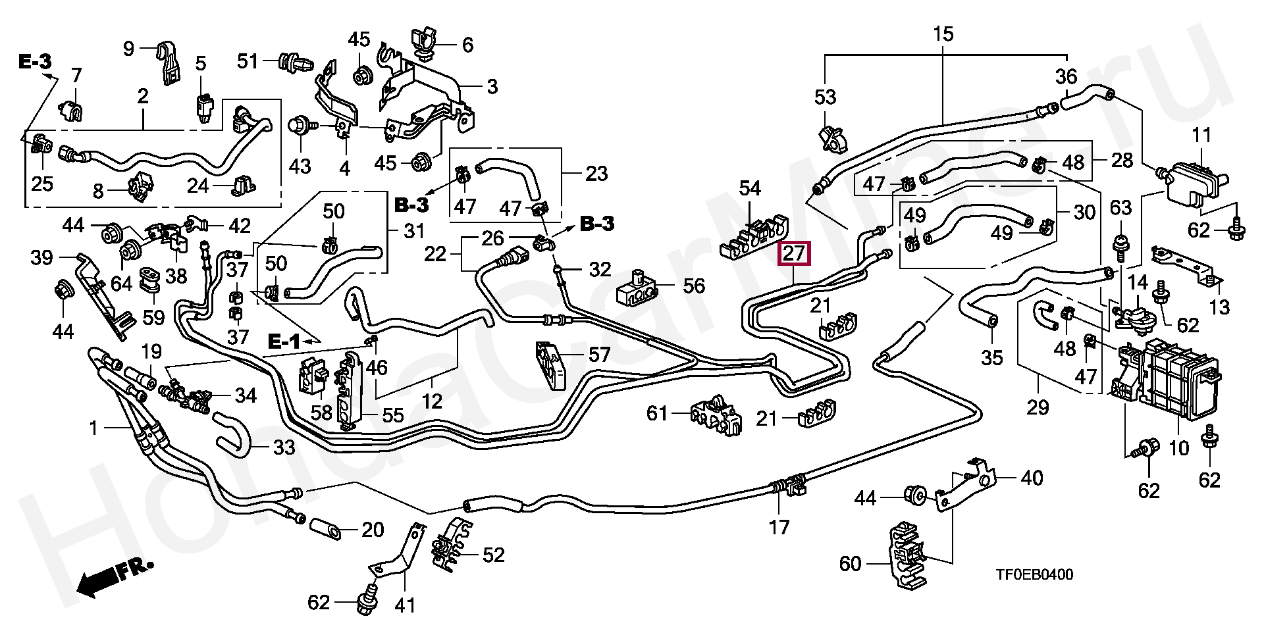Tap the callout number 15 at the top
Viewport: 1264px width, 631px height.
click(943, 34)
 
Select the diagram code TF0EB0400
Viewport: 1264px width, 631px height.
click(1034, 575)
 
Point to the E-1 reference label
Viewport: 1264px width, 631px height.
click(284, 341)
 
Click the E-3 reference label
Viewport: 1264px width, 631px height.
click(34, 63)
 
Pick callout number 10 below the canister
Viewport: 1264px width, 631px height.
click(1178, 448)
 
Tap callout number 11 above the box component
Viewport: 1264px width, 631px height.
click(1201, 136)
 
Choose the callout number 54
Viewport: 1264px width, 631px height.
click(750, 189)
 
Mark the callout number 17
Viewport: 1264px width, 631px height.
click(779, 527)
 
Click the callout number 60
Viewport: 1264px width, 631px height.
click(850, 564)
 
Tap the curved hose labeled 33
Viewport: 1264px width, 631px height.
click(232, 434)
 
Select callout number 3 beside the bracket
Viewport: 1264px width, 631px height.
click(492, 87)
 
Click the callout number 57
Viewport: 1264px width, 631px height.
click(599, 356)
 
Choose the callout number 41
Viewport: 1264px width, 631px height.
click(404, 603)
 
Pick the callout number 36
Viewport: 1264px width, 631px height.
click(1066, 77)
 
